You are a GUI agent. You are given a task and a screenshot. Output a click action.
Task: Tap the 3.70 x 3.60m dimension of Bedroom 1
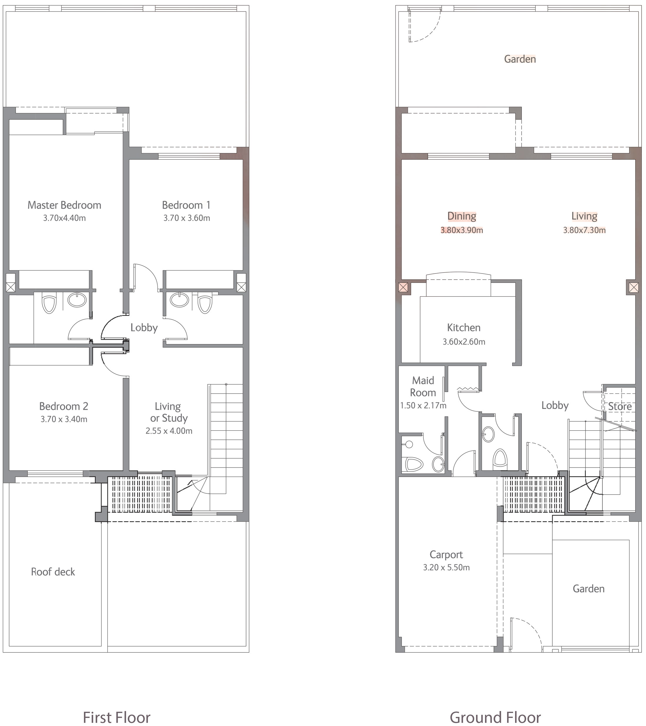click(186, 218)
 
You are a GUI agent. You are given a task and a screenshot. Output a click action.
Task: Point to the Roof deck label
click(53, 572)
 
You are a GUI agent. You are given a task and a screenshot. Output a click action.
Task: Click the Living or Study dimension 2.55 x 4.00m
click(169, 431)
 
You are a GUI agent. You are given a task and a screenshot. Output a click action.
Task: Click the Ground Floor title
click(495, 717)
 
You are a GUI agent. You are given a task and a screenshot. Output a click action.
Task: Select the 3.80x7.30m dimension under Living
click(584, 230)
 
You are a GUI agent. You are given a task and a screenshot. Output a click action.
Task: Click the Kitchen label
click(464, 328)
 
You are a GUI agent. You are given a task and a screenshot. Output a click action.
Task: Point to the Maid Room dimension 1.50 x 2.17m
click(423, 405)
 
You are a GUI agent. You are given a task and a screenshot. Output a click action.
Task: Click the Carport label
click(446, 555)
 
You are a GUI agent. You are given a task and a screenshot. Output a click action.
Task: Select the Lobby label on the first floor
click(144, 328)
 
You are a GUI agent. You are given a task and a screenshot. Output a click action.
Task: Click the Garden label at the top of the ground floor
click(520, 59)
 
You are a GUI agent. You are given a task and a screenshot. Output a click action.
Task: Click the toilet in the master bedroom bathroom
click(49, 303)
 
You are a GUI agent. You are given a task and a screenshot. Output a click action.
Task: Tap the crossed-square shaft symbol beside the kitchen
click(403, 287)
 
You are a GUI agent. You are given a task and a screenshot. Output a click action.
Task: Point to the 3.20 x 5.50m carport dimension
click(446, 568)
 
